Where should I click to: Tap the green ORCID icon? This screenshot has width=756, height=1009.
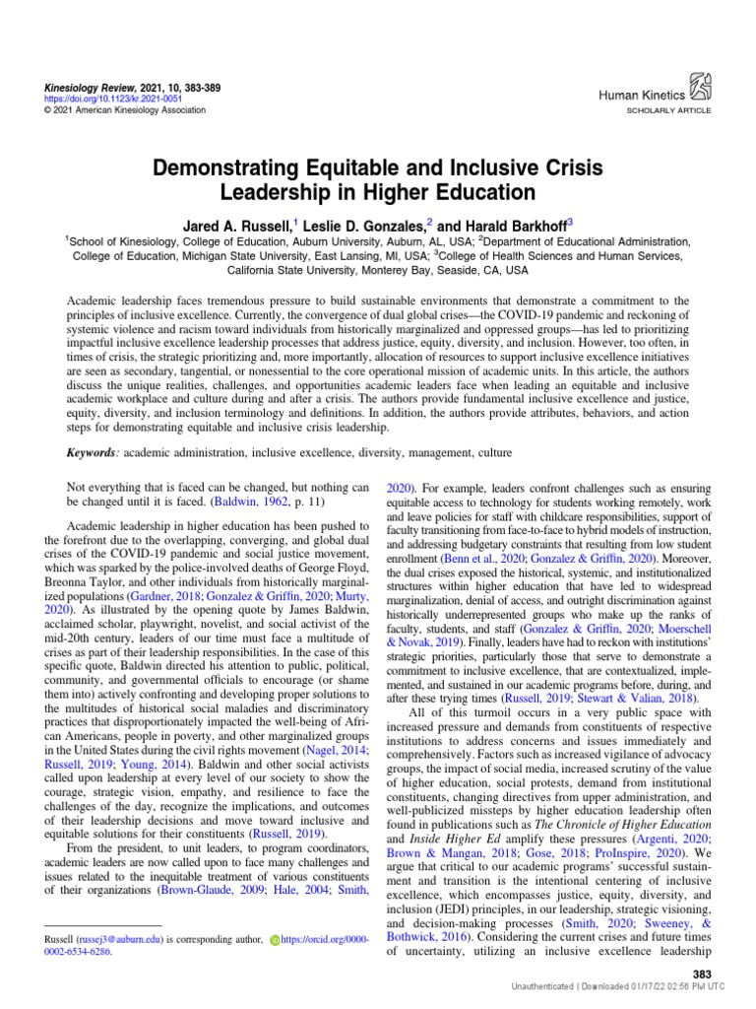275,940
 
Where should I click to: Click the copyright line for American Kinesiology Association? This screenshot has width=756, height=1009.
124,110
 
